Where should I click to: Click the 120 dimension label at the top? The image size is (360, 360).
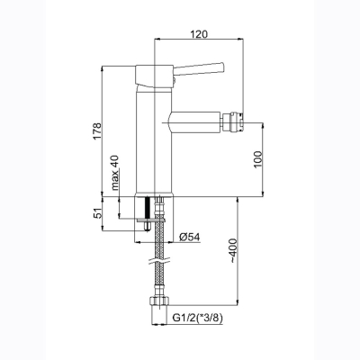point(199,34)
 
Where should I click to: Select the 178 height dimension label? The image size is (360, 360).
point(97,131)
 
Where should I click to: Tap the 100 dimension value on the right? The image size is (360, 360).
point(257,159)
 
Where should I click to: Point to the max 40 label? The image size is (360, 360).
point(115,173)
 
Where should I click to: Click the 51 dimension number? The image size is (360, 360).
point(97,213)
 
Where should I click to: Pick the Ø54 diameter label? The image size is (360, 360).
point(190,237)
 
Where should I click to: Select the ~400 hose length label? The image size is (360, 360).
point(234,251)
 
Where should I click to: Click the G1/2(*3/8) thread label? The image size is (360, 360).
point(198,318)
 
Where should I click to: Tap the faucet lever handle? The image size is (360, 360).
point(199,68)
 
